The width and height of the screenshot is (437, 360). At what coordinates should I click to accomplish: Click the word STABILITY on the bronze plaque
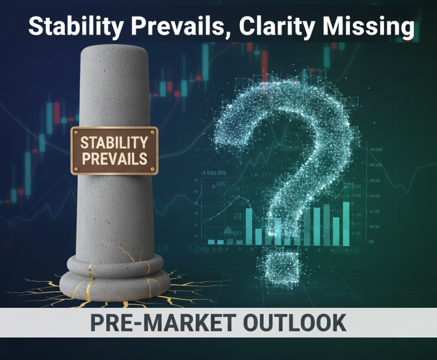pos(114,143)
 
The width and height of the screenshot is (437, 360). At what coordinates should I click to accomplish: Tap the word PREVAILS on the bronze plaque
pos(114,158)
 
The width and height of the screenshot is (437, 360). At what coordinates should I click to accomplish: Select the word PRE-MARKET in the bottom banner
pos(163,323)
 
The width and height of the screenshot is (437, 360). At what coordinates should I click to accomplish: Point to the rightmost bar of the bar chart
pos(346,223)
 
